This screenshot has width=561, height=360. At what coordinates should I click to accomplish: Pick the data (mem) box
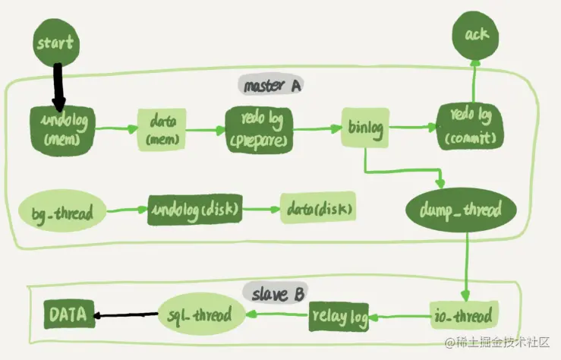(x=162, y=129)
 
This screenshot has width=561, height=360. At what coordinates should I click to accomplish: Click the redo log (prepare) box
(x=259, y=129)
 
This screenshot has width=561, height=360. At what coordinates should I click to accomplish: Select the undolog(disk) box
(x=194, y=210)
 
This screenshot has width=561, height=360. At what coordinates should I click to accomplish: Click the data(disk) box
(x=318, y=209)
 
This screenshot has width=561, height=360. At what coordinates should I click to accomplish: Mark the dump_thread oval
(x=462, y=209)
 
